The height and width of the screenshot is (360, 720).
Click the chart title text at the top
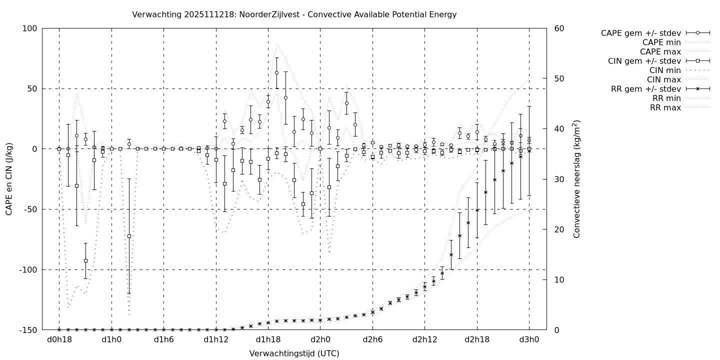pos(294,14)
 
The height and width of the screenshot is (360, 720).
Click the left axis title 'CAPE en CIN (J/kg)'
pos(9,178)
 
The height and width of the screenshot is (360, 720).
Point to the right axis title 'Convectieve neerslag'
pos(576,178)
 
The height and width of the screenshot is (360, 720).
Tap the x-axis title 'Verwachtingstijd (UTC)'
pos(294,353)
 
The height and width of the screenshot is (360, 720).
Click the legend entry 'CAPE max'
pos(660,51)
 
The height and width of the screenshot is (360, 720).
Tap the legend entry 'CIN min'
pos(663,70)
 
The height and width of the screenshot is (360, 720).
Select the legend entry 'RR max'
pos(665,107)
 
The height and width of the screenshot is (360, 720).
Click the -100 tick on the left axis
pos(29,270)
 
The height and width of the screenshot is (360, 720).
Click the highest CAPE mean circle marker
pos(276,72)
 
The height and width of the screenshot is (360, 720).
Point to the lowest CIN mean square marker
pos(85,260)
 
